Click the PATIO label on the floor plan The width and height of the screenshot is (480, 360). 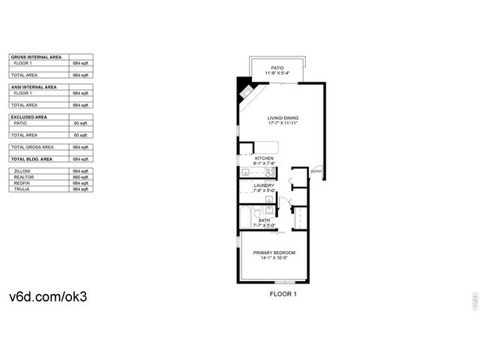pos(277,67)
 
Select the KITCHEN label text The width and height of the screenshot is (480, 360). pos(264,158)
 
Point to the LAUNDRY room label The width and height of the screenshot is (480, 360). pos(263,185)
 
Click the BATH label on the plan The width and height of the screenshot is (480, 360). pos(264,220)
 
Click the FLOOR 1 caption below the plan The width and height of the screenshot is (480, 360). pos(283,294)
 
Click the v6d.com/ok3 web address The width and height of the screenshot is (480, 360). pos(48,295)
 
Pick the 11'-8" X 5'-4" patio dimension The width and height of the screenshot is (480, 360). pos(277,73)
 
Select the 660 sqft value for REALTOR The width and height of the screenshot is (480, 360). pos(80,177)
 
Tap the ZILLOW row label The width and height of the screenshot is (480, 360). pos(22,171)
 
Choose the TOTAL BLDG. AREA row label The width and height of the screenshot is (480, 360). pos(32,159)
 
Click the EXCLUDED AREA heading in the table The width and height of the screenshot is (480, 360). pos(29,117)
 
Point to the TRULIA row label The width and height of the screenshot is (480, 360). pos(22,189)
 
